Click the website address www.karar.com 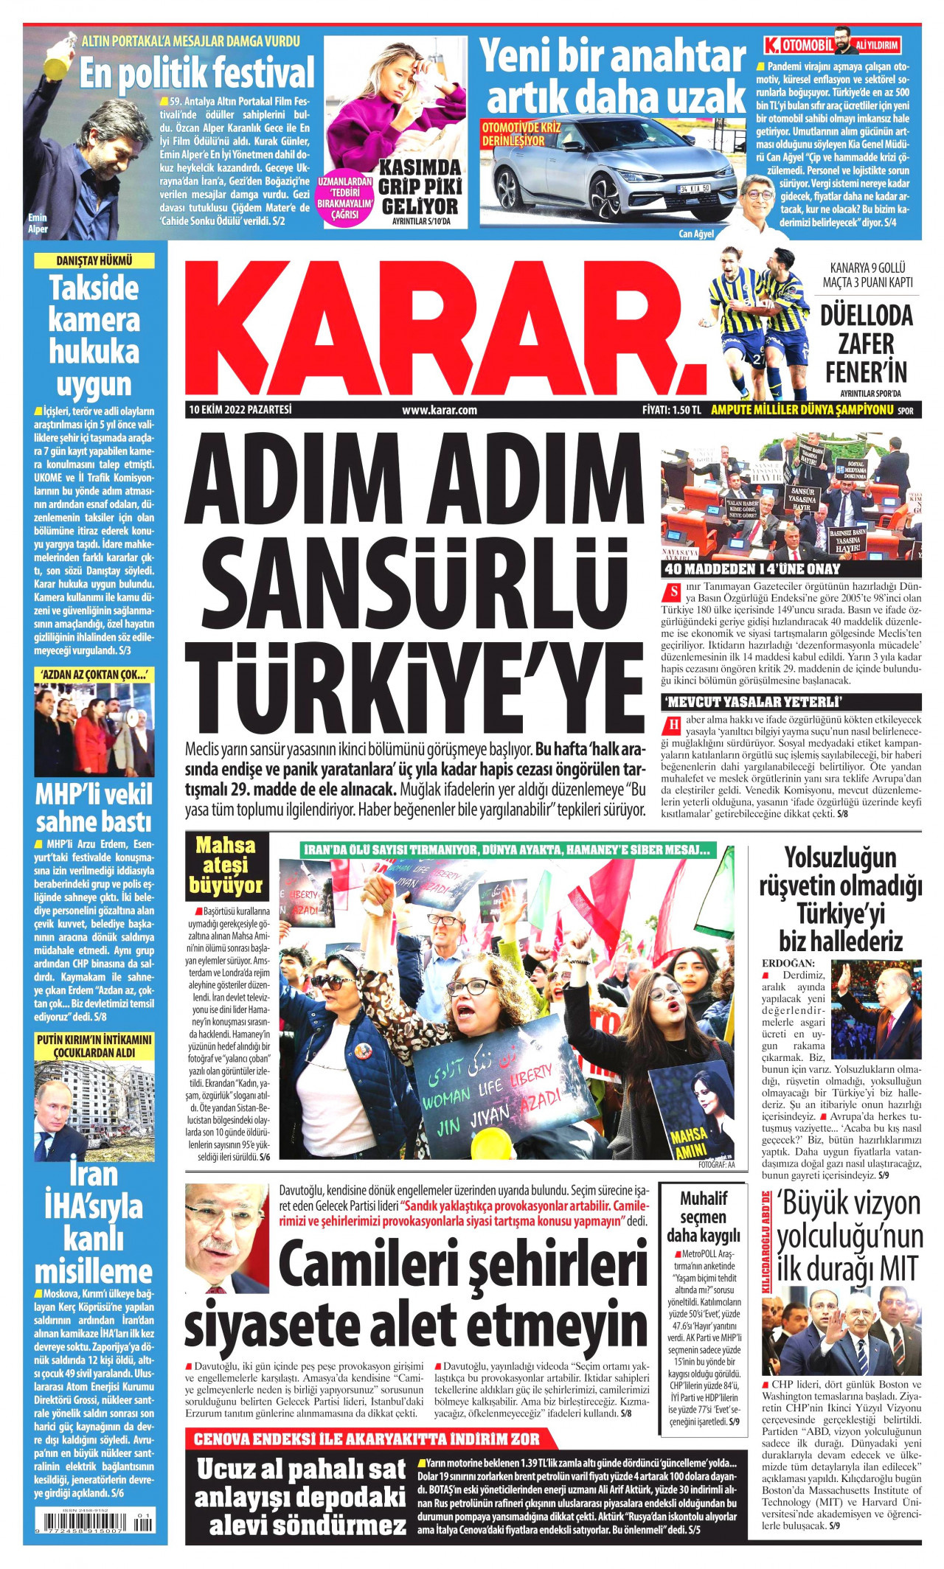(440, 411)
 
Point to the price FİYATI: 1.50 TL (671, 411)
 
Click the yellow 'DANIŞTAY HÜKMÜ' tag (94, 260)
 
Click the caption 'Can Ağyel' (696, 234)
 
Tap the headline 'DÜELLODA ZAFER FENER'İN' (866, 344)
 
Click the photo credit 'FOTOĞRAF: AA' (716, 1166)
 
